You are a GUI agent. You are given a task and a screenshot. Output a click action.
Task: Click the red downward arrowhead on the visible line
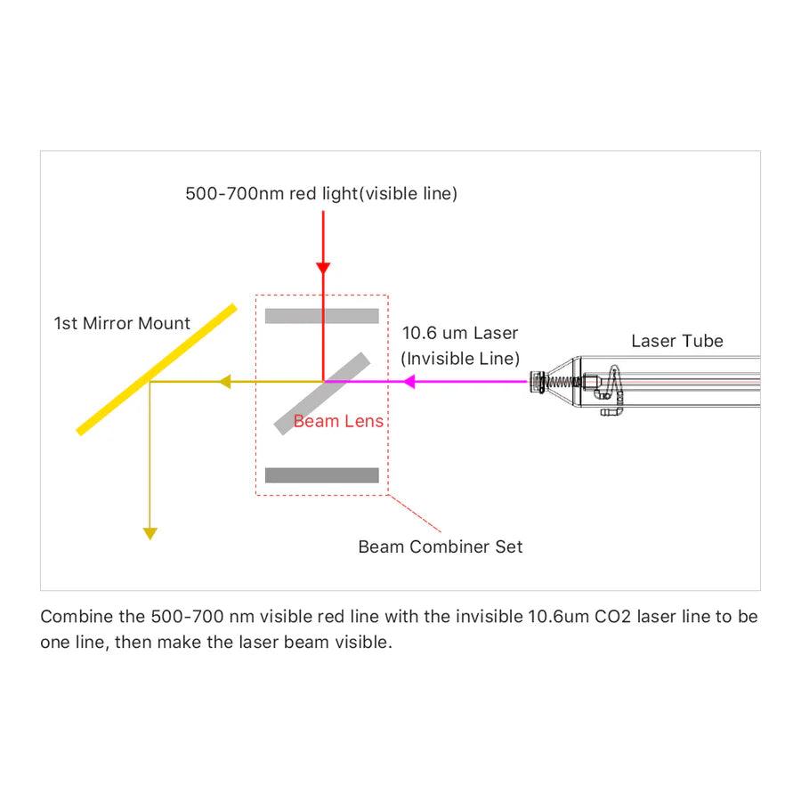pos(323,268)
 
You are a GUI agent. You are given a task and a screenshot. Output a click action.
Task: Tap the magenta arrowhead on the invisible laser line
pos(409,382)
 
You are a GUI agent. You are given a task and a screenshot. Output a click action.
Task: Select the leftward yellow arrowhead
pos(226,382)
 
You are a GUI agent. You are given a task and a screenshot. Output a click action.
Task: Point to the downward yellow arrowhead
pos(150,533)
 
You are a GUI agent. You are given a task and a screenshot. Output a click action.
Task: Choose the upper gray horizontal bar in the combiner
pos(322,316)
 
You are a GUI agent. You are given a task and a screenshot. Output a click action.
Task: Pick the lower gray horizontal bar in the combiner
pos(322,475)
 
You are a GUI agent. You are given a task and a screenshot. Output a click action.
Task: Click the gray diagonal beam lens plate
pos(322,392)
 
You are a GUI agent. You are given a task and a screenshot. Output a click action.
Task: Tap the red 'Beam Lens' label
pos(338,421)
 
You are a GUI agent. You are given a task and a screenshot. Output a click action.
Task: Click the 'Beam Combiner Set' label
pos(441,546)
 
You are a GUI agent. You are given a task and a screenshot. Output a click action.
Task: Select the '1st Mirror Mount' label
pos(122,323)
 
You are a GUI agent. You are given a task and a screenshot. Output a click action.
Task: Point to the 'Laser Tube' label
pos(677,341)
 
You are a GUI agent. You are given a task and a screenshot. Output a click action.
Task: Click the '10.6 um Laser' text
pos(459,334)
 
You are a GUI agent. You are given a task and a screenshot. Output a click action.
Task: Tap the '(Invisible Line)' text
pos(459,358)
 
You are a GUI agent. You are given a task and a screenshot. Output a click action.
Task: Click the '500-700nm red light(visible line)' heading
pos(321,193)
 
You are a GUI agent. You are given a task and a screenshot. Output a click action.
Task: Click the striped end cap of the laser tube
pos(537,382)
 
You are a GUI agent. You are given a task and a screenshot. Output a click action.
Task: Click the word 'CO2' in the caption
pos(613,617)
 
